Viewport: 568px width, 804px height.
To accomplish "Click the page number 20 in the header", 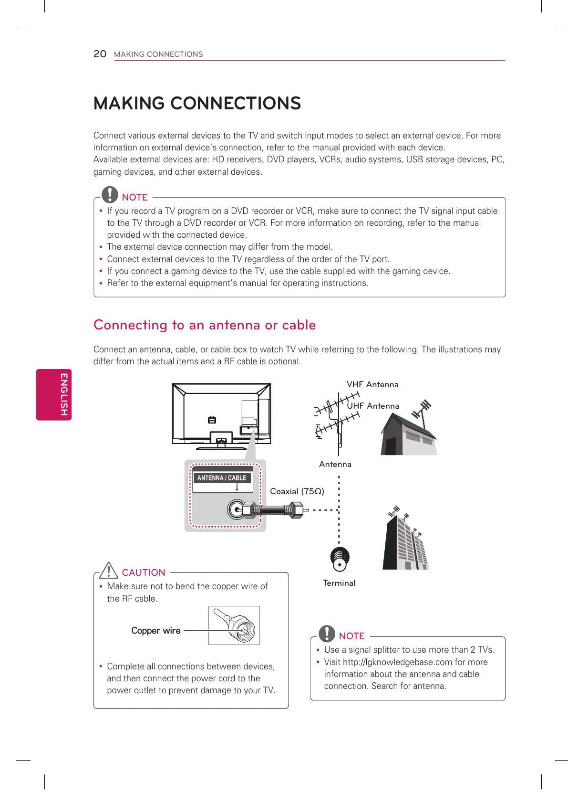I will [100, 54].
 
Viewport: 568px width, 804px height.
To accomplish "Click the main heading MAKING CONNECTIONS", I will [197, 104].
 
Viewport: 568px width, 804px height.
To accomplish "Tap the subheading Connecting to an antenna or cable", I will [205, 325].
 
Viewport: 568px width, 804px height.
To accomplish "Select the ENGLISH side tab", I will [54, 394].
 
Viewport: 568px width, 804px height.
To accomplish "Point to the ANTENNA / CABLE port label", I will [222, 478].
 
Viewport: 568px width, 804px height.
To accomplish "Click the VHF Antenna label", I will [372, 385].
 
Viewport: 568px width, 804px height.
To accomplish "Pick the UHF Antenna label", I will [373, 406].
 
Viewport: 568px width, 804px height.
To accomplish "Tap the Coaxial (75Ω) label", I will [297, 491].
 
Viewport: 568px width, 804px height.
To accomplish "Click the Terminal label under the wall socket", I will [339, 583].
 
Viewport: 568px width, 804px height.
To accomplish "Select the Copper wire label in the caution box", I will [156, 631].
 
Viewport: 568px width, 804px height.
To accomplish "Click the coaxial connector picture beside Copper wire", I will [234, 625].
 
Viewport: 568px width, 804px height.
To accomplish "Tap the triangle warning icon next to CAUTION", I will [109, 570].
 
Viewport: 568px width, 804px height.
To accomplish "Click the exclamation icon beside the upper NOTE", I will [110, 194].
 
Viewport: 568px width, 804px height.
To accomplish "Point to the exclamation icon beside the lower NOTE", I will [327, 633].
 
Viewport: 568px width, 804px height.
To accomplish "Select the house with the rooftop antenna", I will [408, 432].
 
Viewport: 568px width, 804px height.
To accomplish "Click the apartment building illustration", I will [406, 542].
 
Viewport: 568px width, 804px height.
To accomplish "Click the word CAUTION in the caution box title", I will [144, 572].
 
